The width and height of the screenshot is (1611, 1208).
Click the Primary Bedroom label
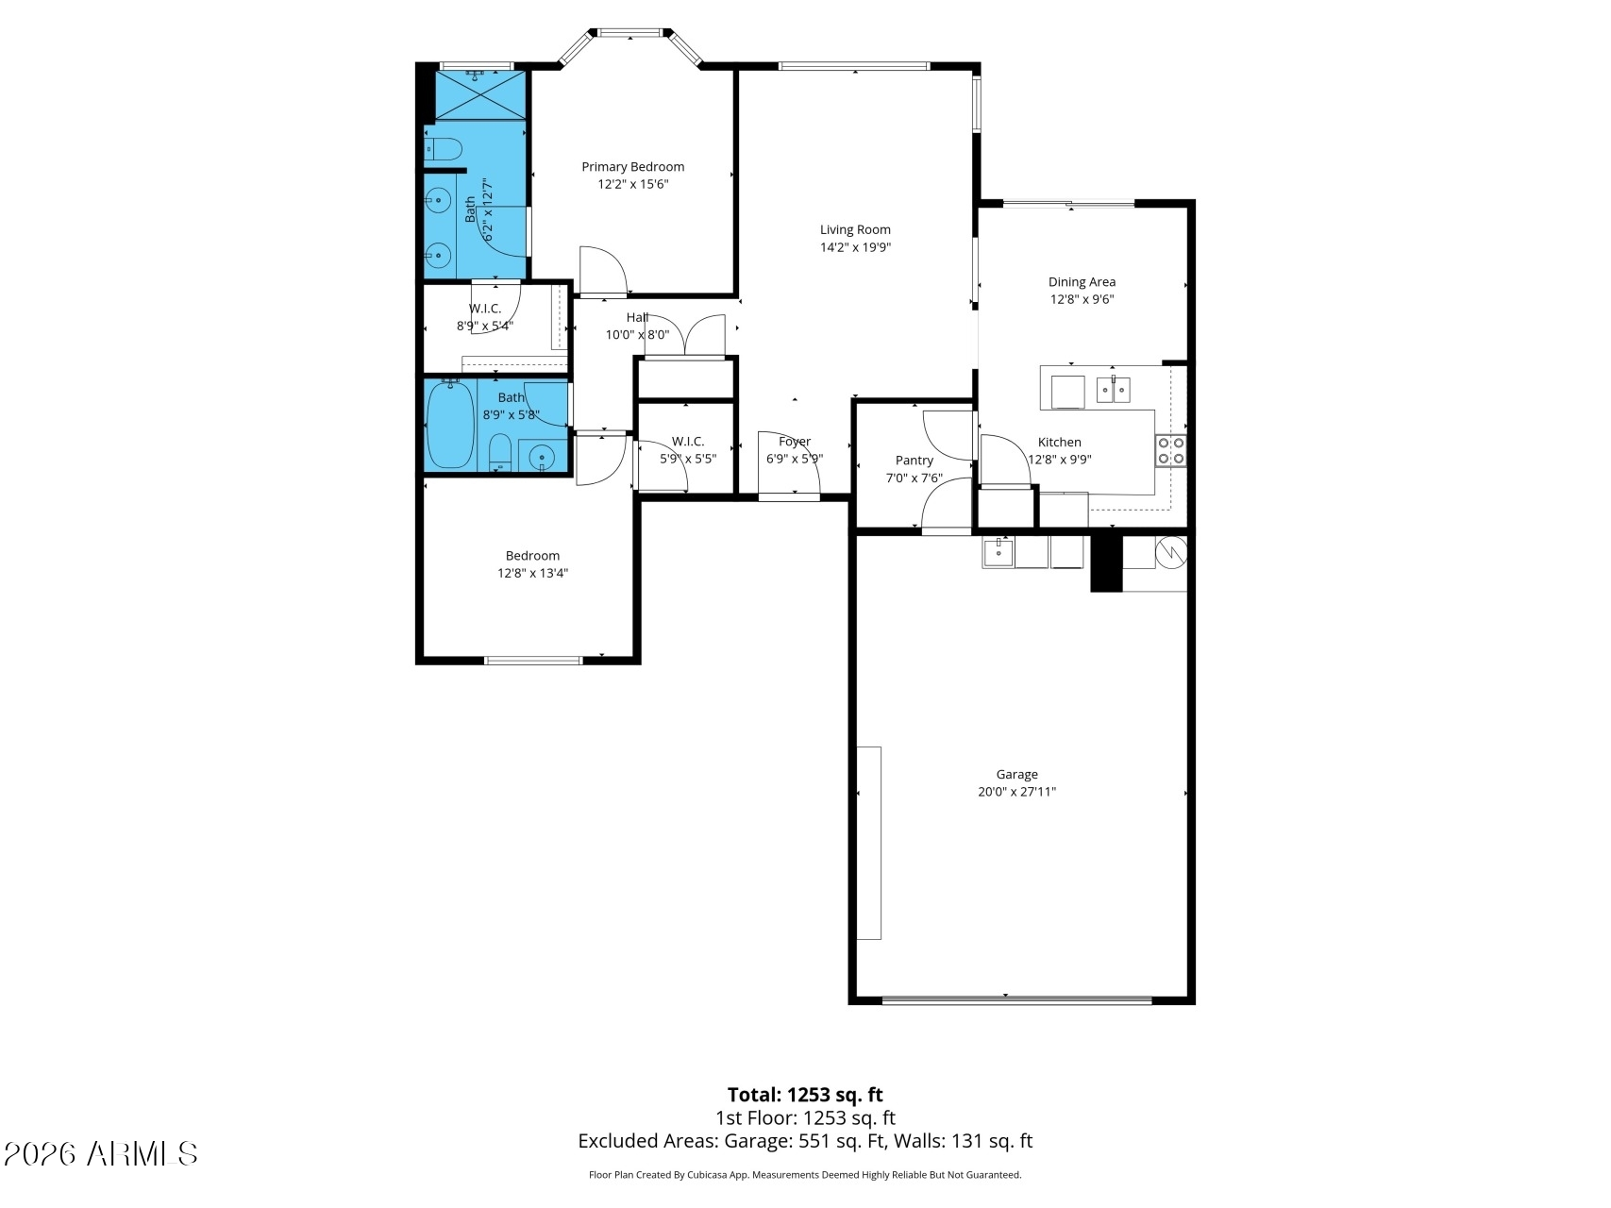tap(632, 167)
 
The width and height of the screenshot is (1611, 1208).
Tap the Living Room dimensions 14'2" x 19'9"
tap(855, 247)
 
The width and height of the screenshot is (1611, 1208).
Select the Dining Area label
tap(1082, 282)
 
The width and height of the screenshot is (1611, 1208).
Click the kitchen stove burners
tap(1171, 451)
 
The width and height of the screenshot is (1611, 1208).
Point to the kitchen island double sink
tap(1114, 389)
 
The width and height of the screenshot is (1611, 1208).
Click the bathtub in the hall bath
tap(451, 425)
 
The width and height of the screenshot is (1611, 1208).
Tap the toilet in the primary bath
tap(443, 149)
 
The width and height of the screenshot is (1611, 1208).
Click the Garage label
tap(1016, 775)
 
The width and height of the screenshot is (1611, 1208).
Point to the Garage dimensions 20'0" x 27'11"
tap(1016, 792)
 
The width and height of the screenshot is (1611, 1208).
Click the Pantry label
tap(915, 461)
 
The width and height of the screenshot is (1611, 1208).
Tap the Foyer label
tap(795, 442)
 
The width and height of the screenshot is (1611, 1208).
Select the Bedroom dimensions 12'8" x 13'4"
tap(533, 573)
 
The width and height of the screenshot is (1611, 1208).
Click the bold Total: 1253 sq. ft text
tap(805, 1095)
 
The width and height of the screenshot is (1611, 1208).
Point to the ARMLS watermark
tap(101, 1153)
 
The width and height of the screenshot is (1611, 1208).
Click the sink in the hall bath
tap(542, 458)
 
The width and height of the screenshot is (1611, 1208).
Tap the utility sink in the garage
tap(998, 552)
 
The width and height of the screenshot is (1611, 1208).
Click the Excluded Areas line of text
tap(805, 1141)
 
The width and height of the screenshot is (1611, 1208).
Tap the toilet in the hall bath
tap(501, 453)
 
